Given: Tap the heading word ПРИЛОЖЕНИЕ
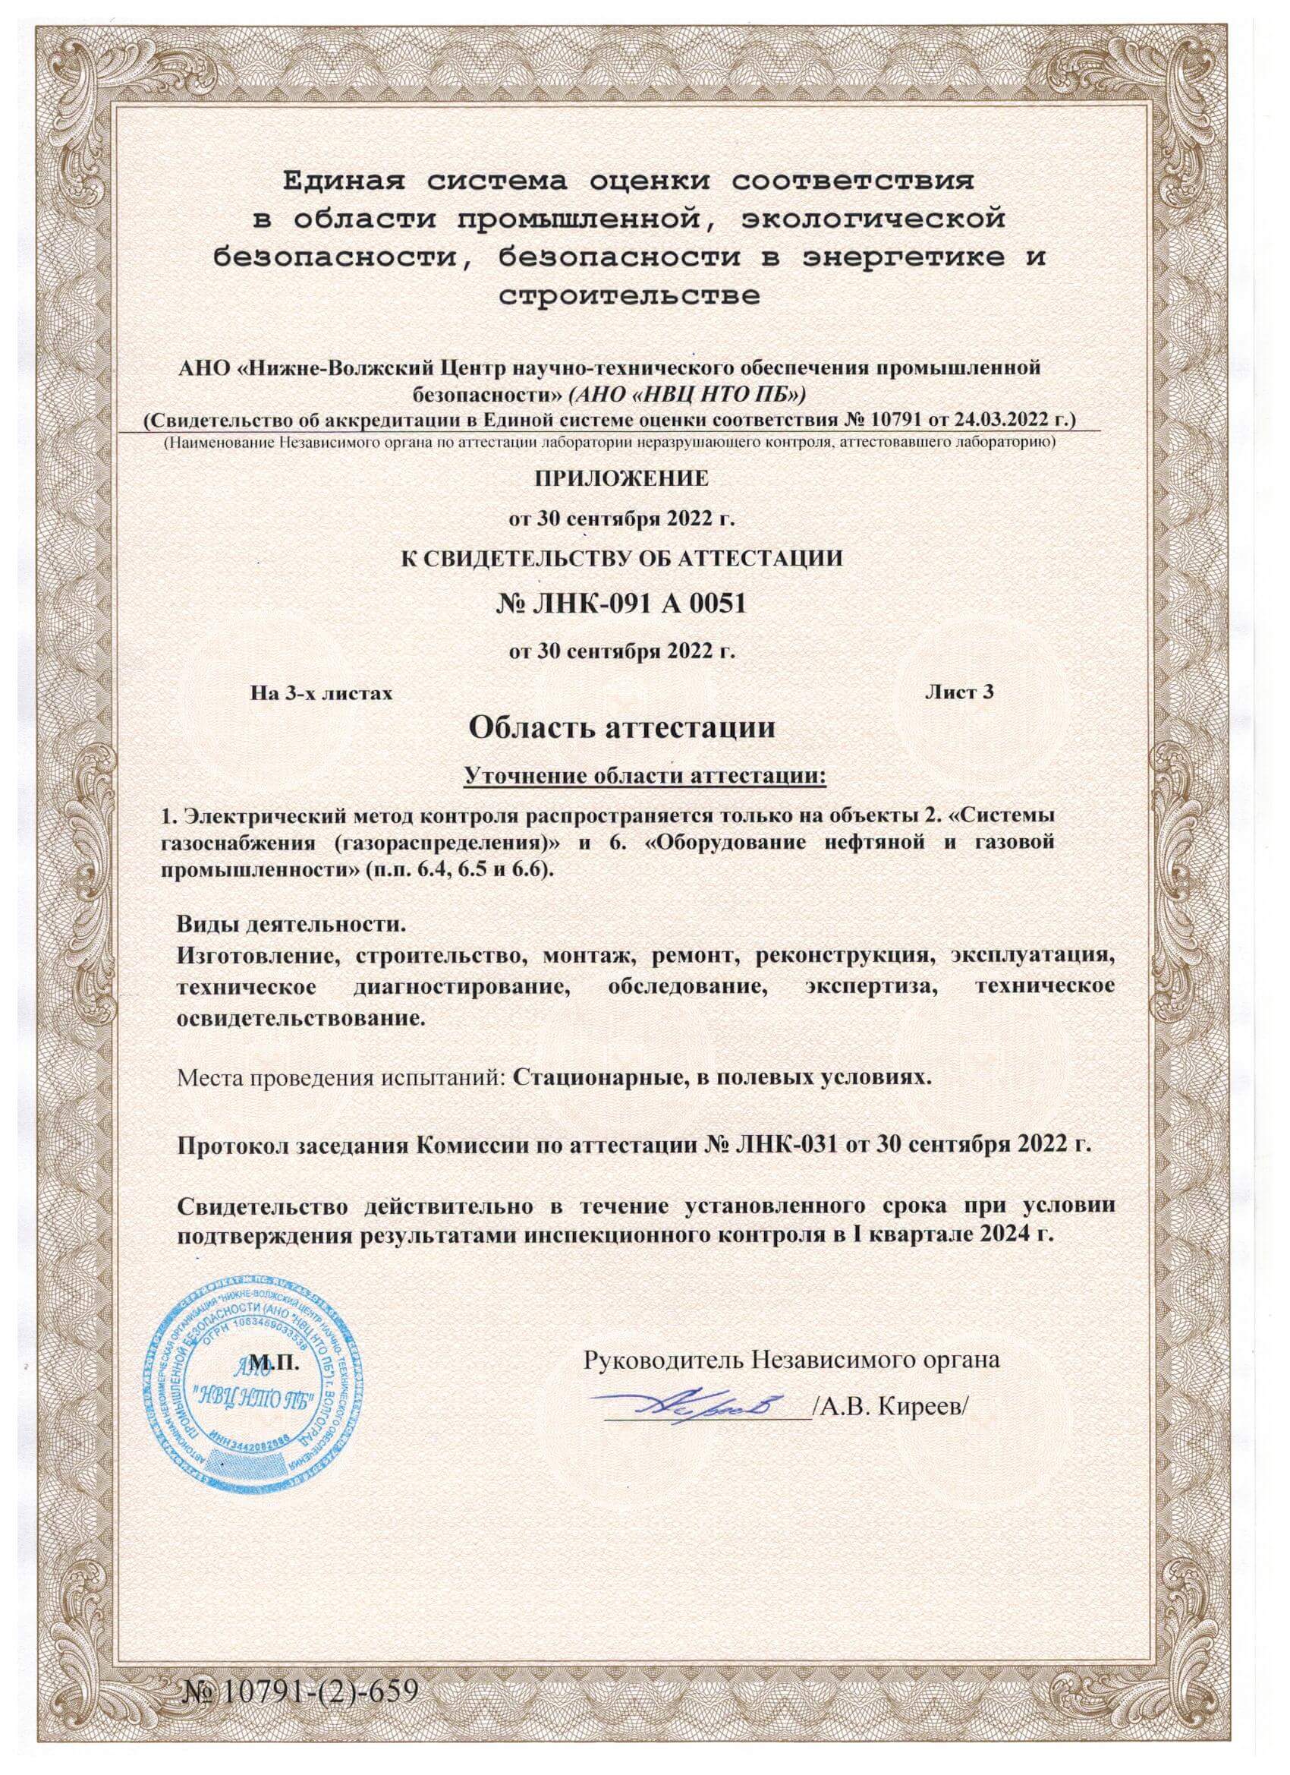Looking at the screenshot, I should [621, 478].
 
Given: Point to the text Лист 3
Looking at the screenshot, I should [959, 692].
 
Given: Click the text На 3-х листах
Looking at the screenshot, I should [321, 692].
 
